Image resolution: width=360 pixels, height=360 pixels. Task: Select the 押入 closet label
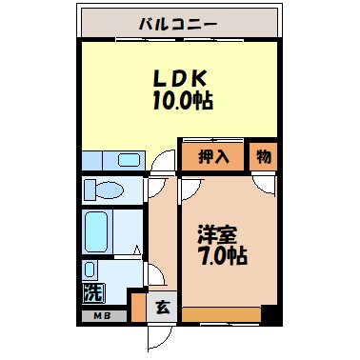[x=213, y=156]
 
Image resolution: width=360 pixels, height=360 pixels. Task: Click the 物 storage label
[x=263, y=156]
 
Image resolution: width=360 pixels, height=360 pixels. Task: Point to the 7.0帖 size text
[x=221, y=255]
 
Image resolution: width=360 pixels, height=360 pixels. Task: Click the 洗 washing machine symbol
[x=92, y=291]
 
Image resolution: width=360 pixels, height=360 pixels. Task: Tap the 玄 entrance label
[x=162, y=307]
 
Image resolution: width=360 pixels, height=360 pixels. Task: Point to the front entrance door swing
[x=158, y=334]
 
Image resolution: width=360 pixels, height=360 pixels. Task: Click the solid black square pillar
[x=270, y=312]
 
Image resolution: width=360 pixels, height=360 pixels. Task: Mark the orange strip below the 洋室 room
[x=221, y=313]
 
